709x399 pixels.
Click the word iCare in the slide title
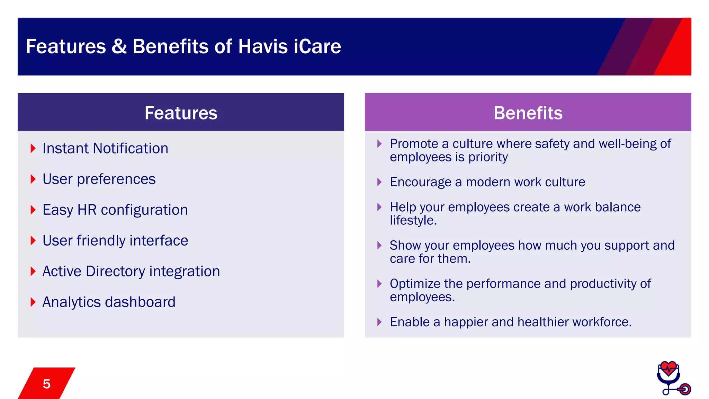(x=317, y=46)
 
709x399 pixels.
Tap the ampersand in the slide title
(x=119, y=46)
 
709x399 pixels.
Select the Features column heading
(x=181, y=113)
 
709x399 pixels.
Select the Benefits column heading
(x=528, y=113)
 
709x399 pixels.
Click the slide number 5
(x=46, y=384)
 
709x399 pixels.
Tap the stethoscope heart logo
(x=672, y=378)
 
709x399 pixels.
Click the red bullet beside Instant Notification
(x=33, y=149)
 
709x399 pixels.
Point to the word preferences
(x=116, y=179)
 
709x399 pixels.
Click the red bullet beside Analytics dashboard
(x=33, y=302)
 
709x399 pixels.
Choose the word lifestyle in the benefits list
(x=413, y=220)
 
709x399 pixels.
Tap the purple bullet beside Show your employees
(x=379, y=246)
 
